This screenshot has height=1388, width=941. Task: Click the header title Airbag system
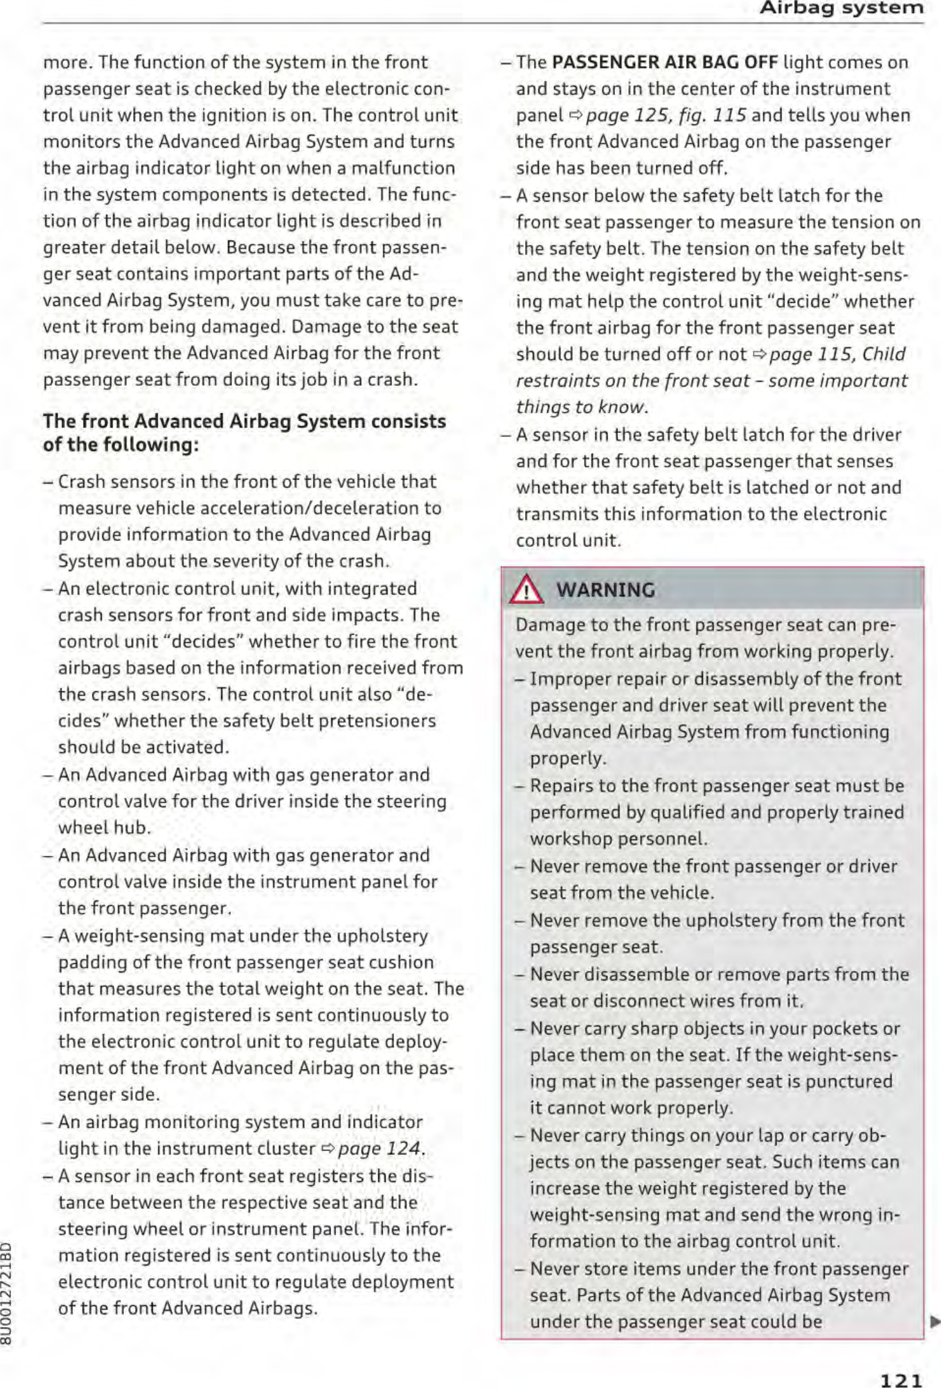pyautogui.click(x=841, y=9)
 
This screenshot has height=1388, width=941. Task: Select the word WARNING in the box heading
pyautogui.click(x=606, y=590)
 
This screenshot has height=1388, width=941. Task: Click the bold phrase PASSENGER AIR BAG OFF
pyautogui.click(x=665, y=63)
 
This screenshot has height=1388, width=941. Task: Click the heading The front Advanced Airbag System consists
pyautogui.click(x=244, y=421)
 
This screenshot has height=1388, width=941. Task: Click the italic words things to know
pyautogui.click(x=581, y=407)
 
